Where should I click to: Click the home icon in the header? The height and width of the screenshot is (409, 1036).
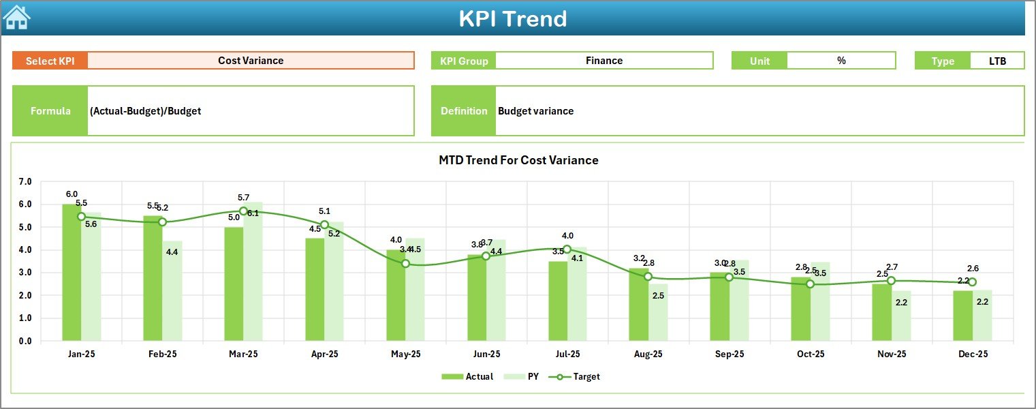(16, 17)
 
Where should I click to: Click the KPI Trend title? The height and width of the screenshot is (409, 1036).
(512, 18)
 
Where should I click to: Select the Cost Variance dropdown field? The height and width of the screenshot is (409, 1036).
(251, 61)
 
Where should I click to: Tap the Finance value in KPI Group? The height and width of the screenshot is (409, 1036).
(603, 61)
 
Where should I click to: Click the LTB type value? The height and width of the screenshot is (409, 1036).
(997, 61)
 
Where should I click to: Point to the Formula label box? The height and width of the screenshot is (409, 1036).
(50, 111)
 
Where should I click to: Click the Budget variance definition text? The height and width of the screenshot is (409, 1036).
(536, 111)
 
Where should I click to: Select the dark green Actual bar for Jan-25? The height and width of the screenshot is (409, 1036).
(72, 273)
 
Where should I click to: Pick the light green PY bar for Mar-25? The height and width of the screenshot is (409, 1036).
(253, 273)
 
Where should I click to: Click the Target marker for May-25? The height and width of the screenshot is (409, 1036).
(405, 263)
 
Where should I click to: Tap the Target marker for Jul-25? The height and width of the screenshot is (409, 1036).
(567, 249)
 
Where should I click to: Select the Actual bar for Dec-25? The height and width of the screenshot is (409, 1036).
(962, 316)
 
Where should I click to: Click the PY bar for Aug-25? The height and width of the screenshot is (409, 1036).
(658, 312)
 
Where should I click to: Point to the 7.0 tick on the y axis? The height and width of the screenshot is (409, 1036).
(25, 182)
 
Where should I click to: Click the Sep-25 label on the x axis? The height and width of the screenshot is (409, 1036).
(729, 354)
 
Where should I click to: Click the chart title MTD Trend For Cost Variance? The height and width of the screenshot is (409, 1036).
(518, 160)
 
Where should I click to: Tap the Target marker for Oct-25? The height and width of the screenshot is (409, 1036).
(810, 284)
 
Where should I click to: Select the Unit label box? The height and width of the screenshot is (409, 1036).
(759, 61)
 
